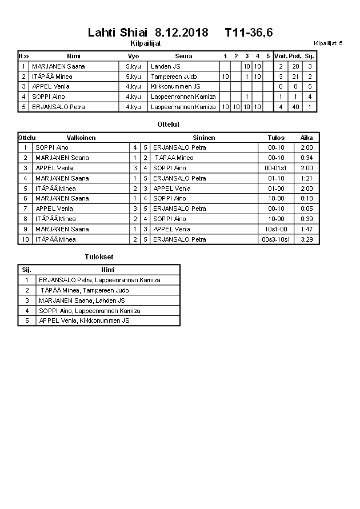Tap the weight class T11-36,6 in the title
[x=249, y=33]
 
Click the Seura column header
[x=183, y=56]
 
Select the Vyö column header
[x=133, y=56]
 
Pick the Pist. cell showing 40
[x=295, y=107]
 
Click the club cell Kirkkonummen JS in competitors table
[x=175, y=86]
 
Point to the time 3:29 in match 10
[x=307, y=239]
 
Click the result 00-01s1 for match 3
[x=276, y=168]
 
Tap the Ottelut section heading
[x=169, y=124]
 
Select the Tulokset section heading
[x=99, y=257]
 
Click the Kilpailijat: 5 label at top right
[x=328, y=43]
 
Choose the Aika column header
[x=307, y=138]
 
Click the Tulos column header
[x=276, y=138]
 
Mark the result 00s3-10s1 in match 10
[x=276, y=239]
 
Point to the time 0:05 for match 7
[x=307, y=209]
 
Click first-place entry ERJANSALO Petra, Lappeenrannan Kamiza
[x=99, y=280]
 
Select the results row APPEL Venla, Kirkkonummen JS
[x=84, y=320]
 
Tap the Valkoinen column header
[x=81, y=138]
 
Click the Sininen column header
[x=204, y=138]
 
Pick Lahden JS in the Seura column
[x=166, y=66]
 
